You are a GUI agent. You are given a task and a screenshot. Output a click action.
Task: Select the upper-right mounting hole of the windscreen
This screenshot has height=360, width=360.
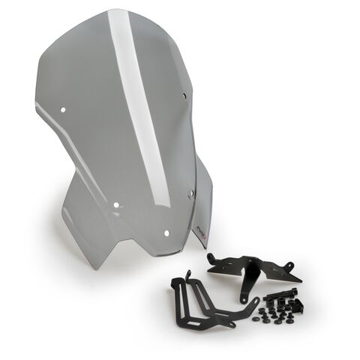[184, 95]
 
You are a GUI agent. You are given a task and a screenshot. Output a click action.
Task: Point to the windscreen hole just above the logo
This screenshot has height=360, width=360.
[190, 194]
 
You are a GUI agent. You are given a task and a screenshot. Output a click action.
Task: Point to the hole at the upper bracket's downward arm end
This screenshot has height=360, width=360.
[244, 298]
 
